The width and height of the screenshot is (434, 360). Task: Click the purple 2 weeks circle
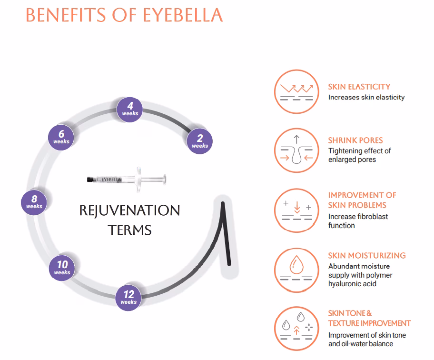[199, 141]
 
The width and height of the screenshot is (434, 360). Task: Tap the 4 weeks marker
[130, 110]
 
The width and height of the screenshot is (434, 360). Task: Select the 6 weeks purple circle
[61, 137]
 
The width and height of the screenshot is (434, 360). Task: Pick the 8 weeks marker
[34, 202]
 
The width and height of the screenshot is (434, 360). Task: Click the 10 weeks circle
[62, 268]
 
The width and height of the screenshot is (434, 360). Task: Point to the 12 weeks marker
[128, 298]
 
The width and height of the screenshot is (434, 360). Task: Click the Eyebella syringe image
[127, 180]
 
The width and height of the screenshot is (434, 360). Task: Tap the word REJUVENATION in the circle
[129, 210]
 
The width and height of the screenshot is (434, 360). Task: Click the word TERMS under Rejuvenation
[129, 230]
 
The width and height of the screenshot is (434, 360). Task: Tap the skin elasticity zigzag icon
[296, 91]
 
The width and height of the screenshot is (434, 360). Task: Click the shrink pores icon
[296, 150]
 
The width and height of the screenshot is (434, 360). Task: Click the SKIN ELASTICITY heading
[359, 87]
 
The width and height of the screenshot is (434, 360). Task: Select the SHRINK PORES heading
[355, 140]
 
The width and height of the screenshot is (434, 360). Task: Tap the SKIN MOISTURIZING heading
[367, 256]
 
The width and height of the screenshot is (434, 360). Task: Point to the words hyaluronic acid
[352, 284]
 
